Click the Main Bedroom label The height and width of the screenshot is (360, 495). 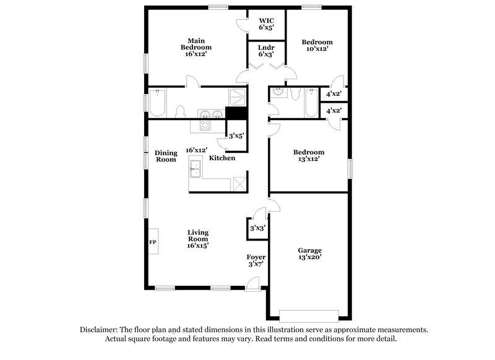(x=196, y=47)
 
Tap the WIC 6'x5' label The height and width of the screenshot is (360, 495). (x=266, y=24)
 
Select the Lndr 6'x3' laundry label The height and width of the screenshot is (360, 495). (x=266, y=50)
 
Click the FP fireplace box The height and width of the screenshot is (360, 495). (x=153, y=242)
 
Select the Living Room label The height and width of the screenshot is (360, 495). (x=198, y=239)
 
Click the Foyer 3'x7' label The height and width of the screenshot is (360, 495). (x=256, y=260)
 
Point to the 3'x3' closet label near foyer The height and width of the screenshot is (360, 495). (x=257, y=228)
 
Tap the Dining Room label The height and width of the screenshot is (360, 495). (x=166, y=156)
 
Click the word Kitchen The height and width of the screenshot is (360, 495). (x=222, y=158)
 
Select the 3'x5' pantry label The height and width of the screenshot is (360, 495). (x=236, y=135)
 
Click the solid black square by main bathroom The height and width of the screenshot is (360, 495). (x=236, y=114)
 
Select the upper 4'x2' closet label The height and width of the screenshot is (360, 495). (x=334, y=93)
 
